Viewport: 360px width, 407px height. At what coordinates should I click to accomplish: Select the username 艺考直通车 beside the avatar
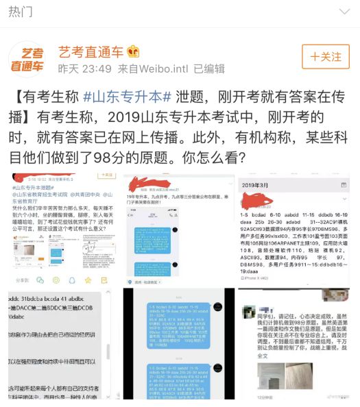click(90, 51)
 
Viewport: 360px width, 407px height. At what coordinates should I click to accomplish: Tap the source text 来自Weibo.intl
click(154, 69)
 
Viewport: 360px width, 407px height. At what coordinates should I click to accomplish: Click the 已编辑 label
click(209, 69)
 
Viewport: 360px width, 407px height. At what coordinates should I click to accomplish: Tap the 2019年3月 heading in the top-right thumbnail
click(263, 184)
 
